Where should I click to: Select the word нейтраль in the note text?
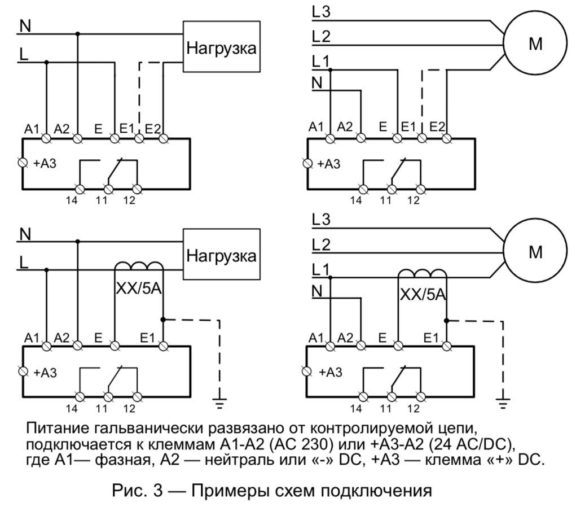click(237, 460)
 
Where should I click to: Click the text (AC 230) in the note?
click(302, 444)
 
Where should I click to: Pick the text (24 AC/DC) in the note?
click(471, 444)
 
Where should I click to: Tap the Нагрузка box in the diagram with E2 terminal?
click(222, 46)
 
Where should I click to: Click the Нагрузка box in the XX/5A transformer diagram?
click(222, 254)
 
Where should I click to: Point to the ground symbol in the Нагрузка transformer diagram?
click(219, 404)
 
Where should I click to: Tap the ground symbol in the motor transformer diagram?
click(503, 404)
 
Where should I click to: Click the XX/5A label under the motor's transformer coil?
click(423, 294)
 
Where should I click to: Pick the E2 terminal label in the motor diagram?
click(437, 127)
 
